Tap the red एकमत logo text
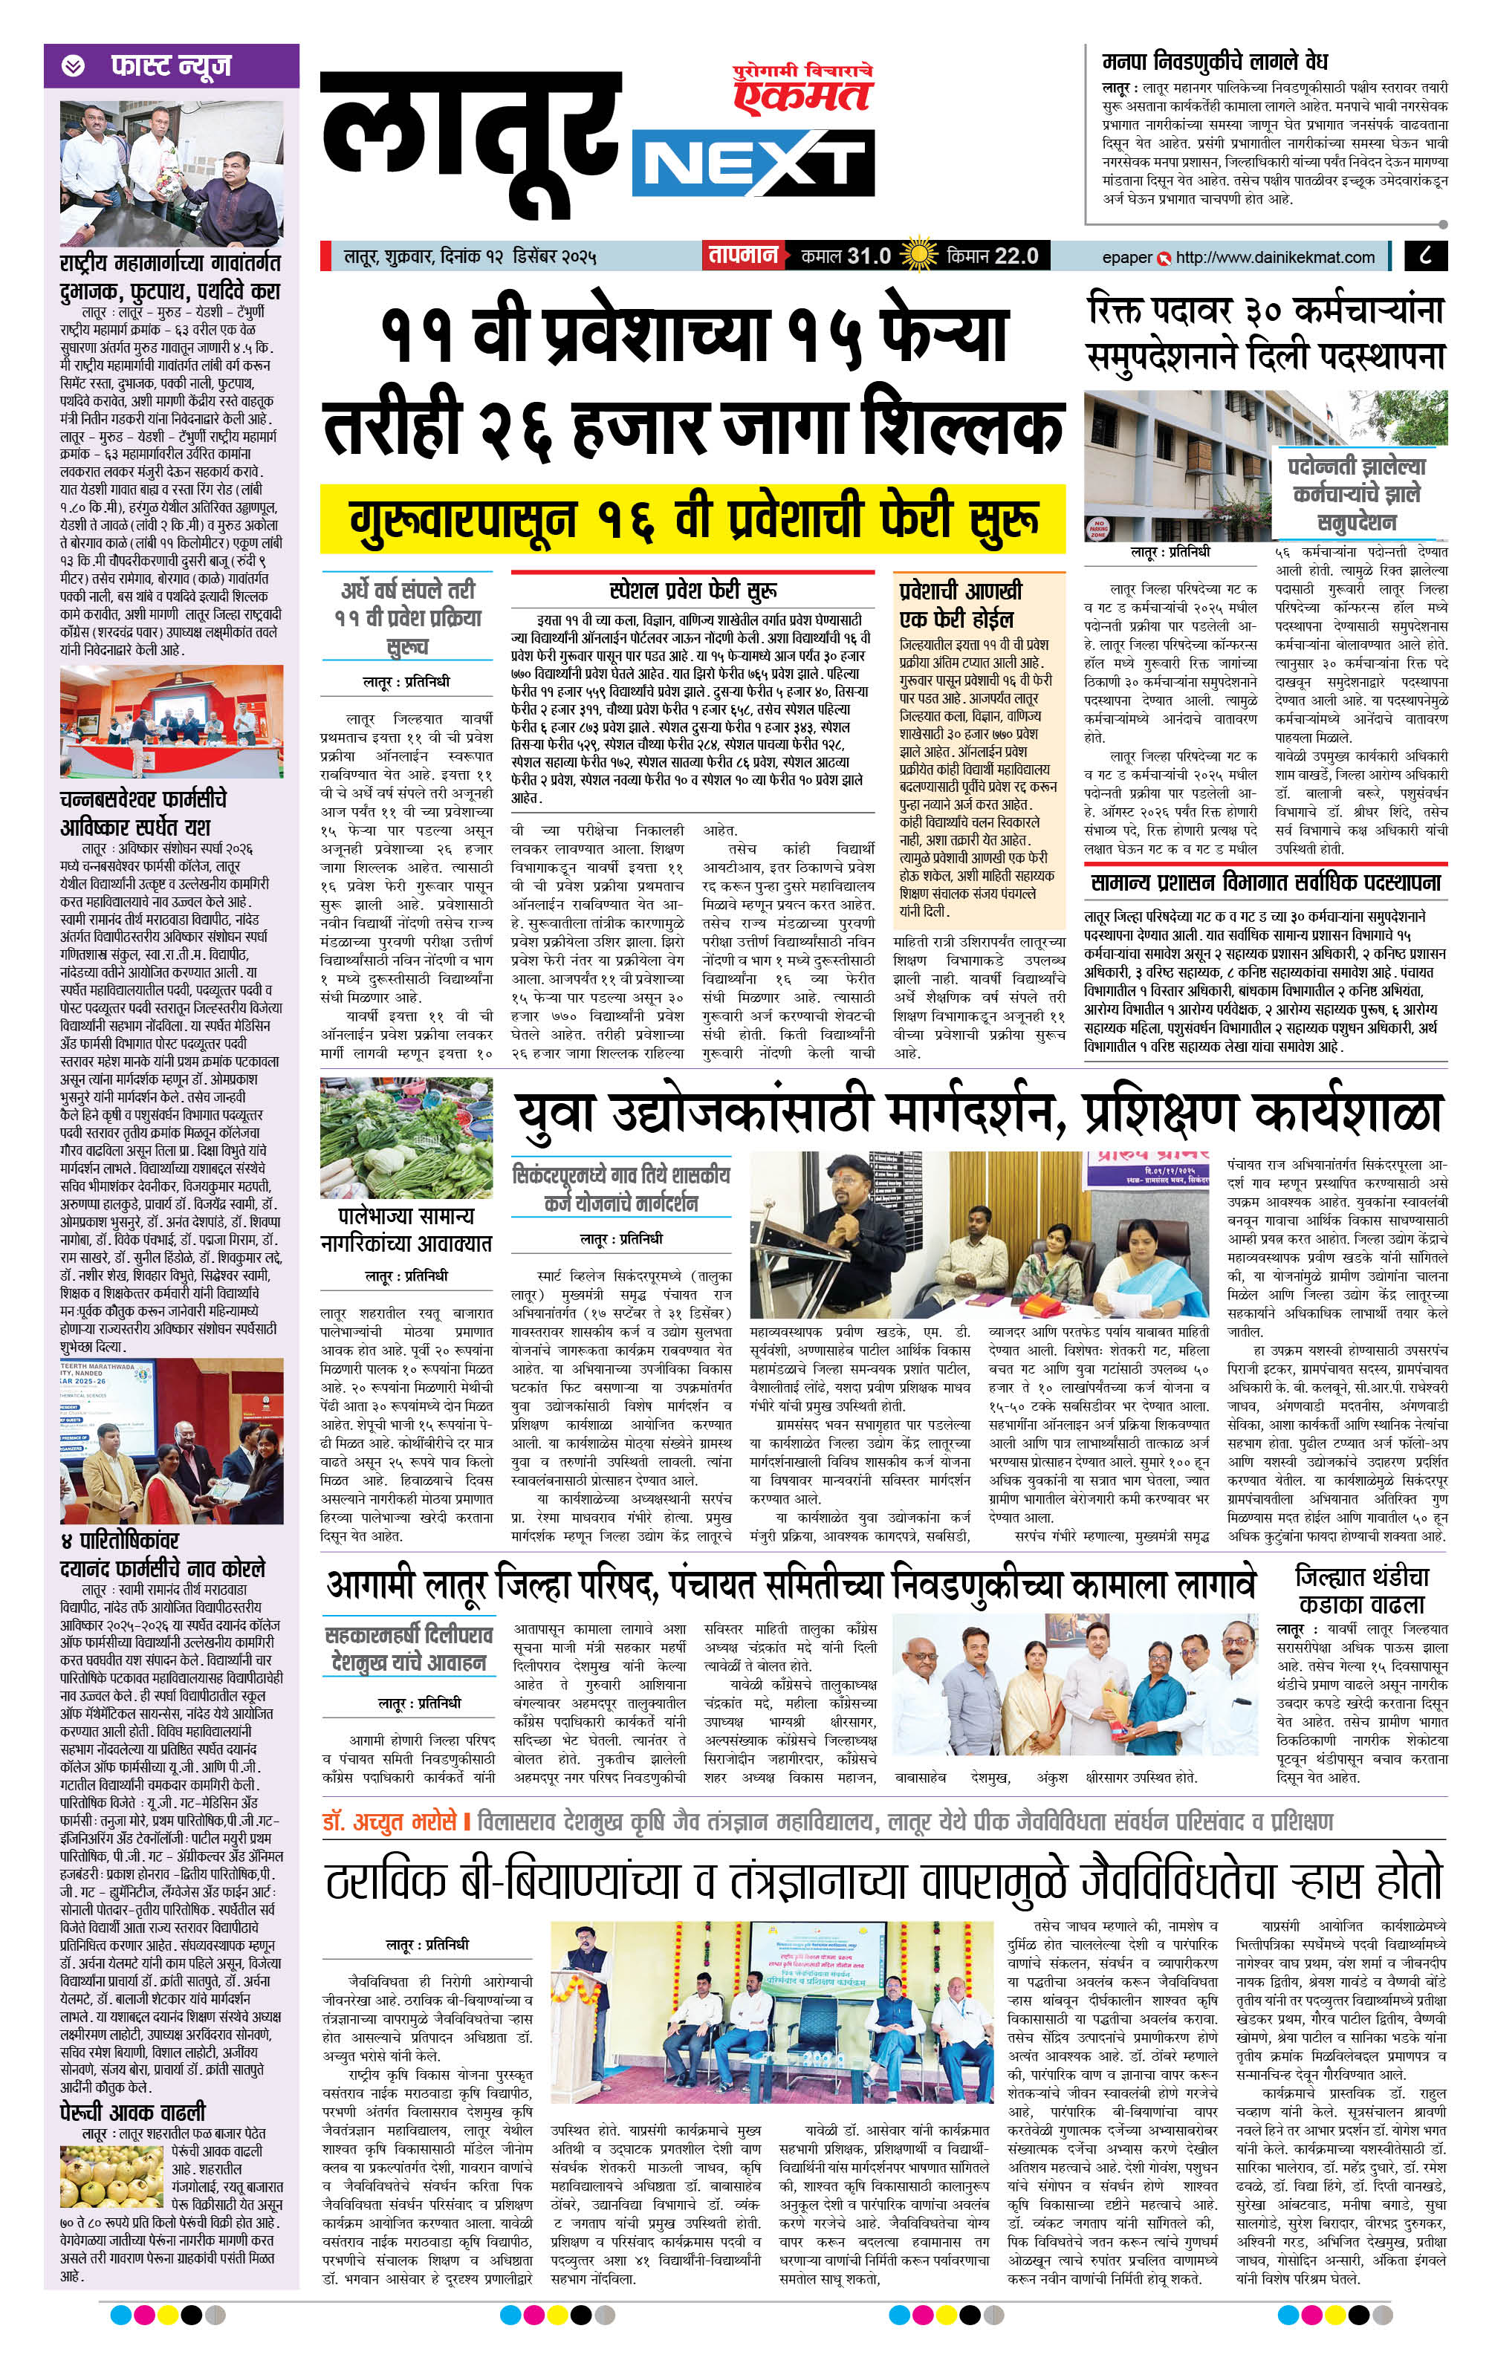803,94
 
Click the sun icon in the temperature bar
918,256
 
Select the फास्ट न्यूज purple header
171,66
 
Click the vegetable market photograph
406,1138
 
